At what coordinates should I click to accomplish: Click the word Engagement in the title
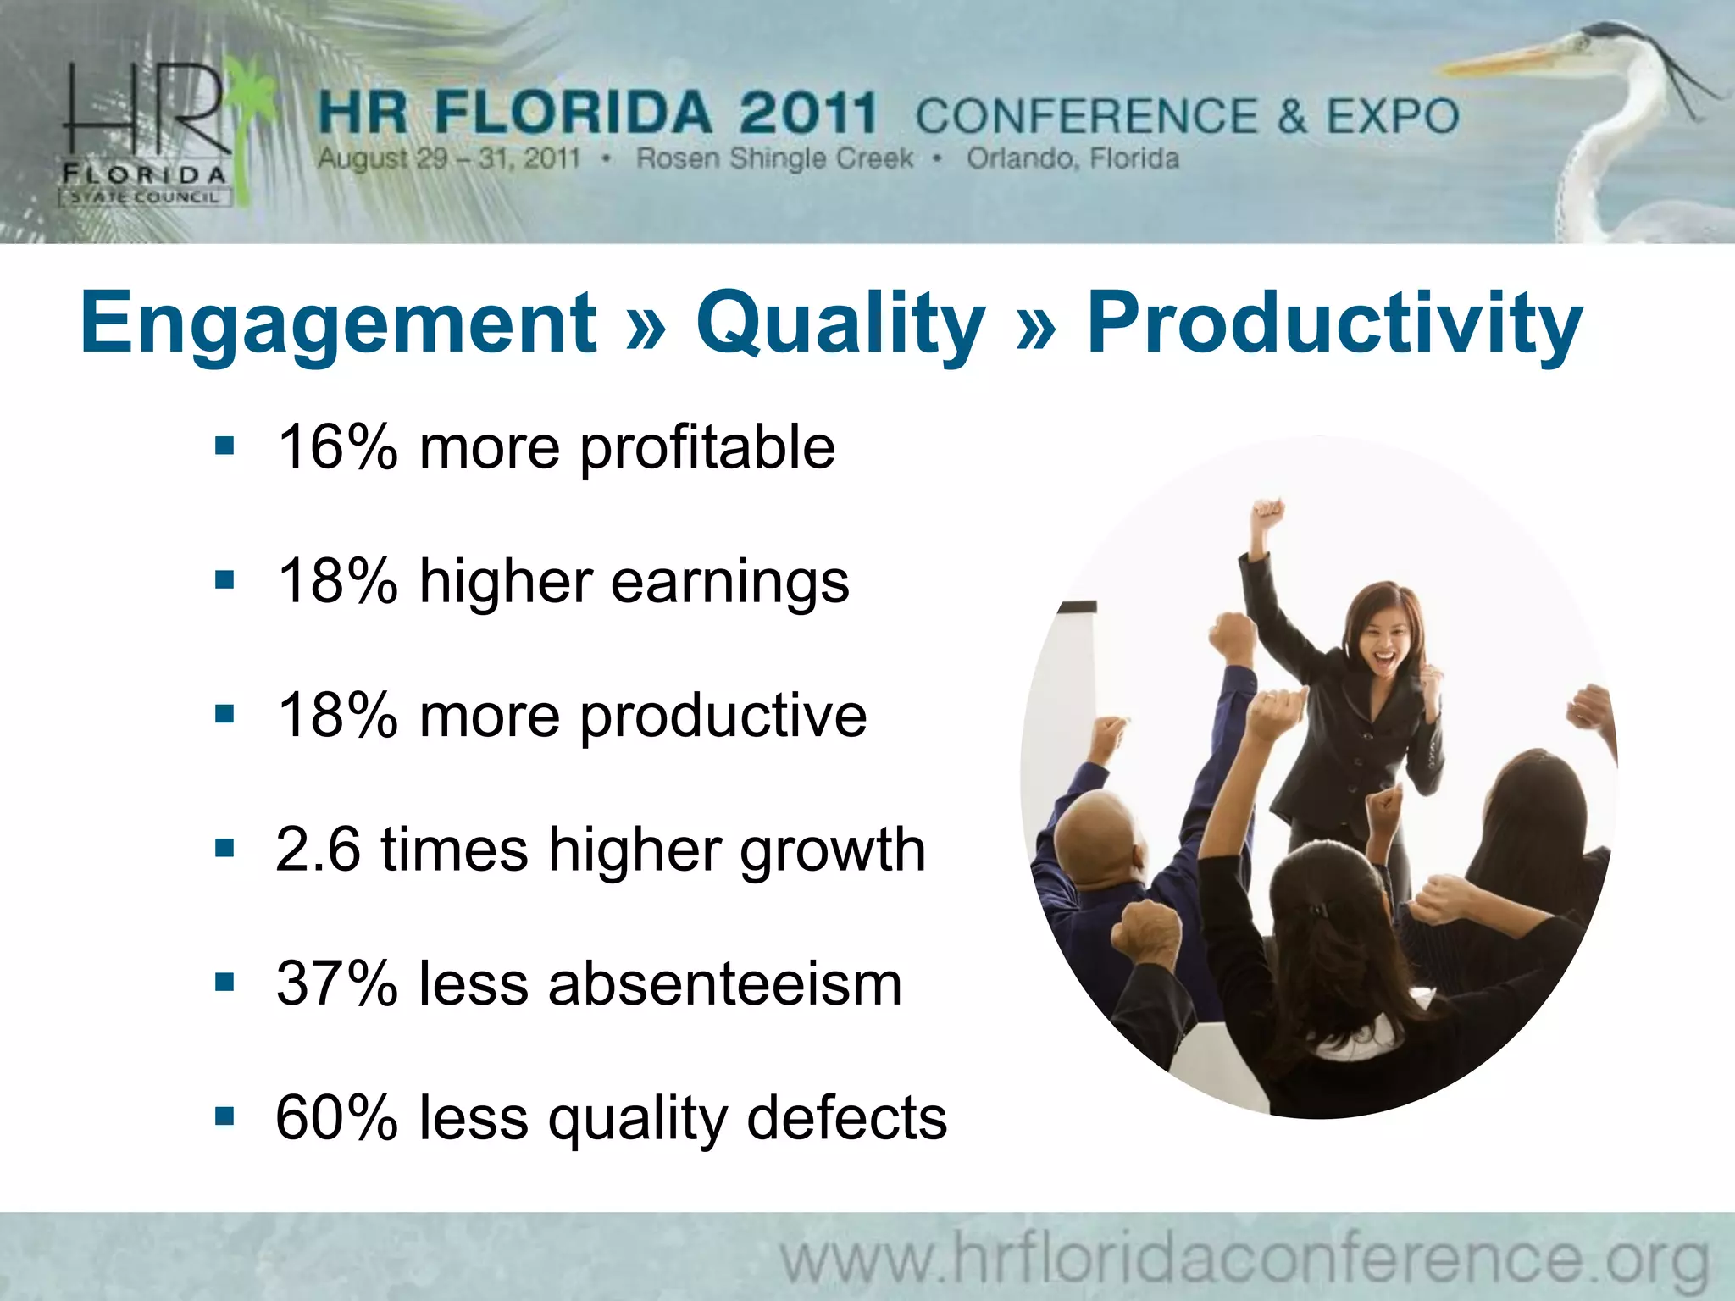click(x=338, y=324)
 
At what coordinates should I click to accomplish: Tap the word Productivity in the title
click(x=1334, y=324)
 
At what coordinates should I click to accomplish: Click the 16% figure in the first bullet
click(x=337, y=447)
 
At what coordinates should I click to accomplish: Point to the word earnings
click(x=729, y=583)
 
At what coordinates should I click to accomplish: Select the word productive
click(x=723, y=717)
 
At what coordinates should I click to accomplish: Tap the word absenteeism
click(x=725, y=984)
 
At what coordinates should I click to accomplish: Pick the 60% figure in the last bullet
click(x=337, y=1118)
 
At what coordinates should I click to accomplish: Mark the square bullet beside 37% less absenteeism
click(x=224, y=983)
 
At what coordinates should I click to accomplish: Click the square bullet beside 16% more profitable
click(x=224, y=446)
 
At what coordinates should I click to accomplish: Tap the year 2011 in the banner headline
click(x=807, y=113)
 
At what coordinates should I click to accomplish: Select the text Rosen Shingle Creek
click(x=774, y=158)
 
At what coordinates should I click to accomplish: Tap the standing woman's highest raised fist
click(x=1268, y=513)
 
